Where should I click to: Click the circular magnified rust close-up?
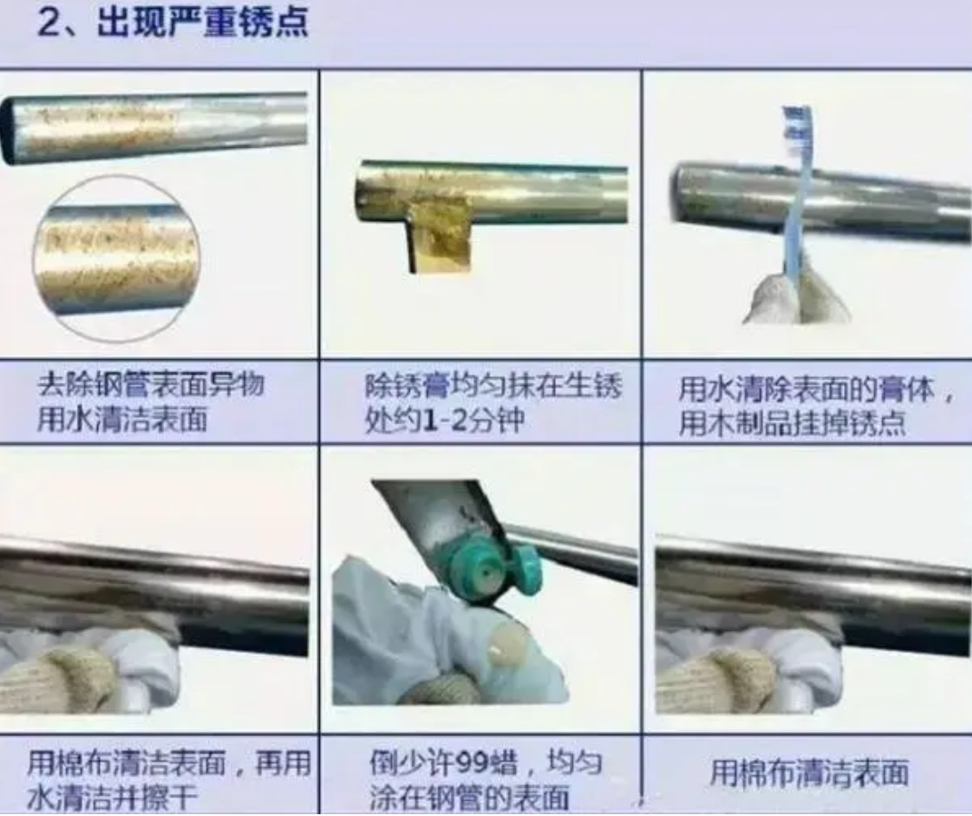click(116, 258)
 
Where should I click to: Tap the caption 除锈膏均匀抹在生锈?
click(493, 386)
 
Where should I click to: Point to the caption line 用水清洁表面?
click(122, 420)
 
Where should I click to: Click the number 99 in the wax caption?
click(471, 762)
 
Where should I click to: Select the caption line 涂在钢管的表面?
click(470, 798)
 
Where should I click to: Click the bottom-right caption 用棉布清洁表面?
click(809, 772)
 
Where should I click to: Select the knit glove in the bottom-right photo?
click(716, 680)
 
